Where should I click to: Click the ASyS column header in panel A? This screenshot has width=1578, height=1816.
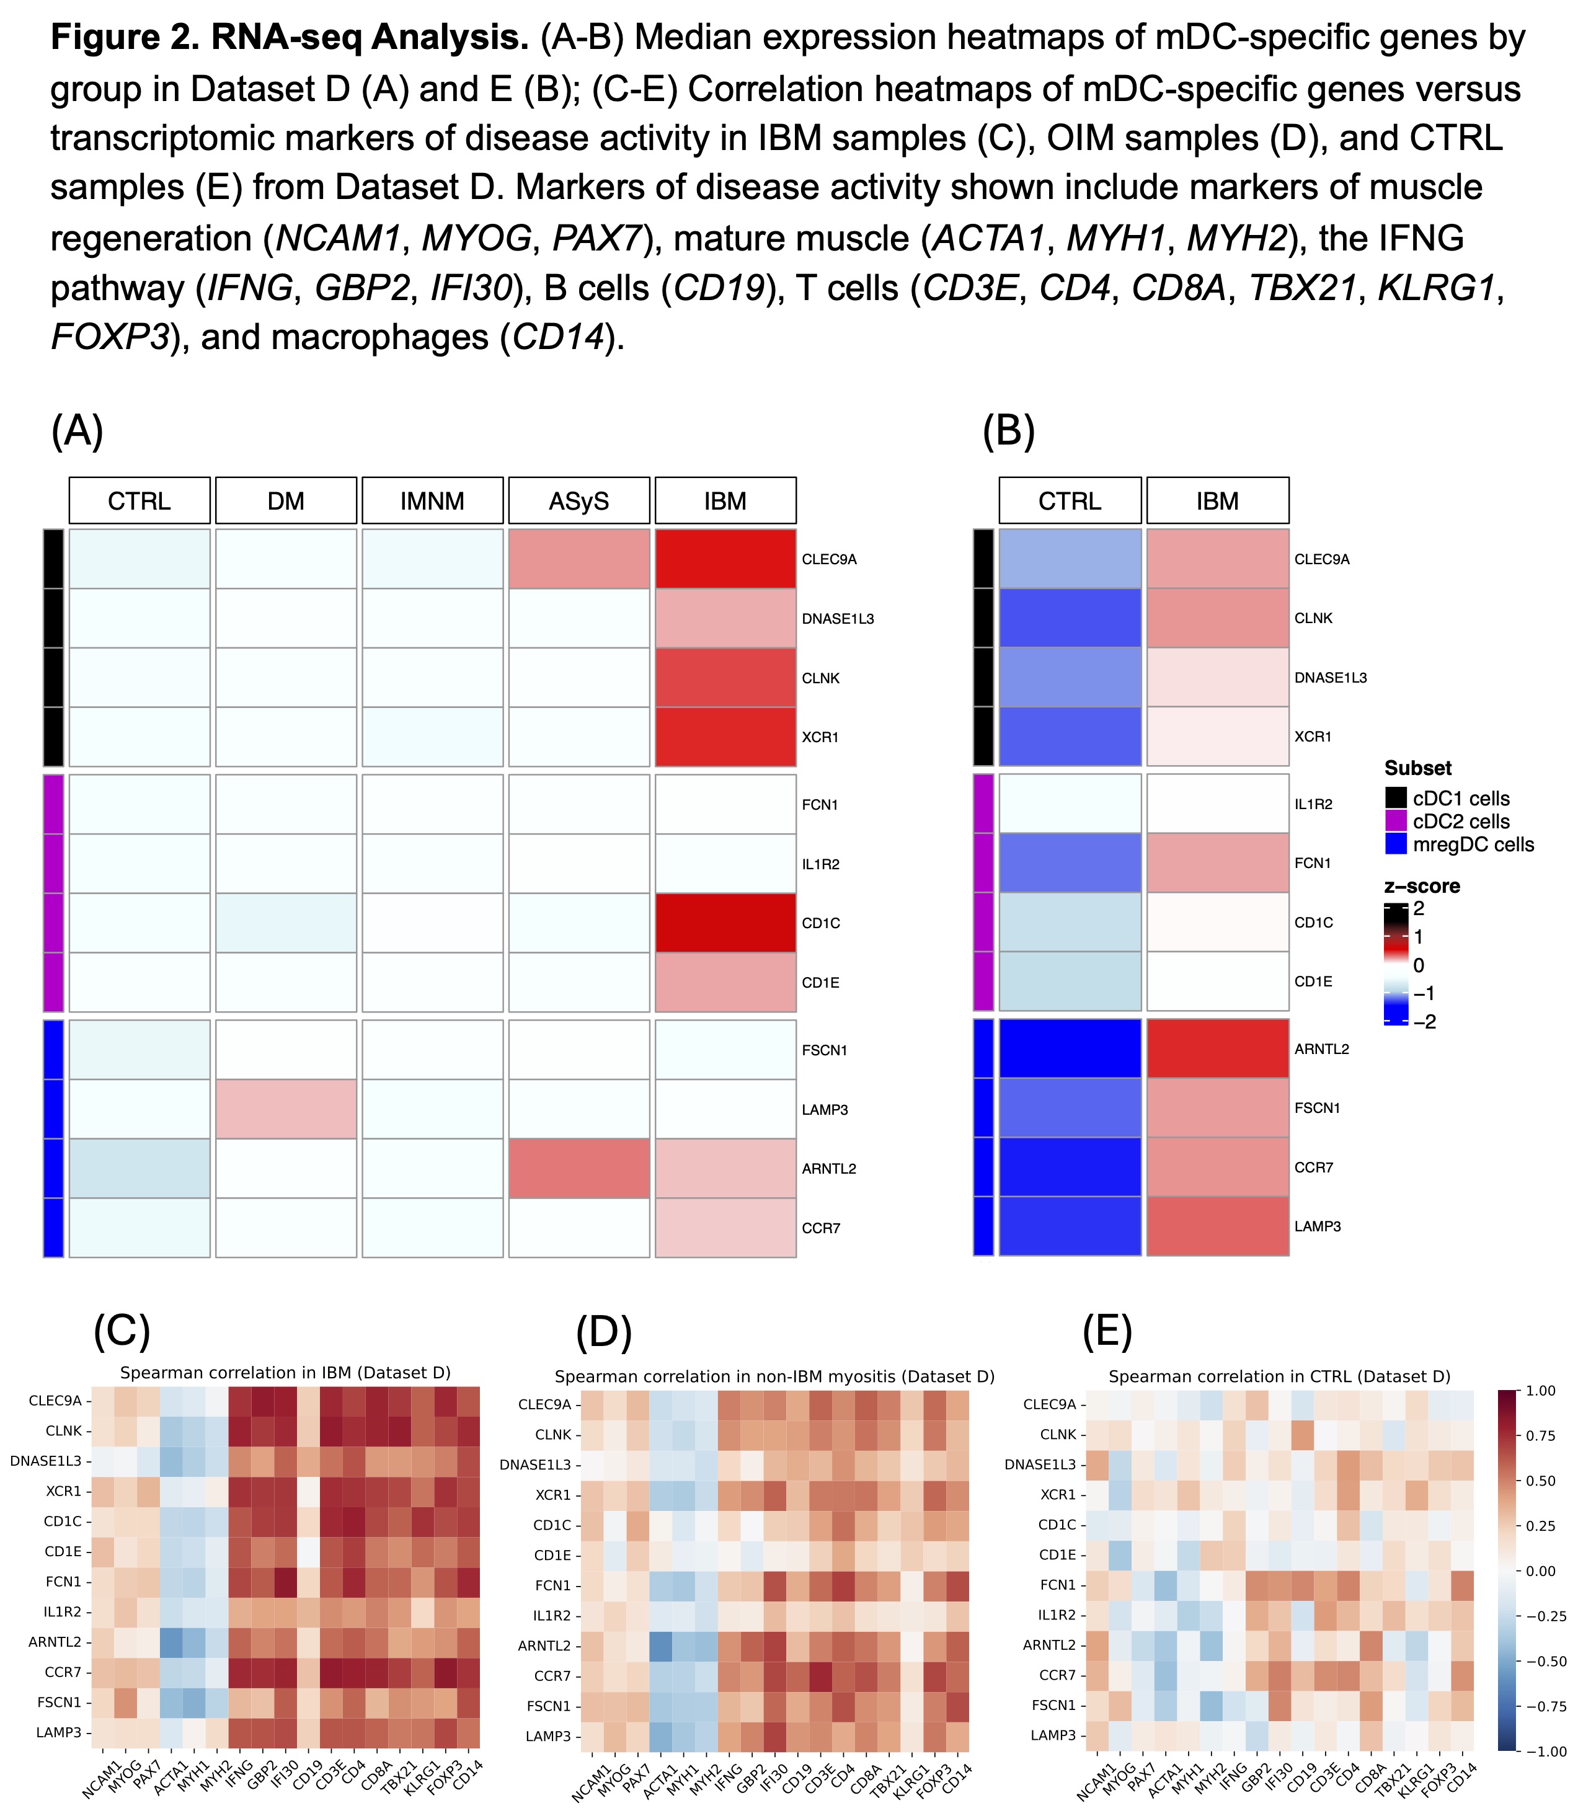578,501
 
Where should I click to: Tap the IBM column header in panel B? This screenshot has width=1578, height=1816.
1217,501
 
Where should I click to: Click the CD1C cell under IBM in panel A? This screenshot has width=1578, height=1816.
725,923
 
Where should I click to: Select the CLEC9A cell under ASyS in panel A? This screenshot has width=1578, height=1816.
578,559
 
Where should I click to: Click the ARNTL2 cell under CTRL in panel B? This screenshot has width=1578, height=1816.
1070,1049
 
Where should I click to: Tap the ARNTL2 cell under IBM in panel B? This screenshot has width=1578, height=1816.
1217,1049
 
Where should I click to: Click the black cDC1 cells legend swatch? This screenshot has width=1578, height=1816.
1396,798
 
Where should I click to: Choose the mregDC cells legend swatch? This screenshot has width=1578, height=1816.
1396,844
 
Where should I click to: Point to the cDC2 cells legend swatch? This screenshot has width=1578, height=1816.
1396,822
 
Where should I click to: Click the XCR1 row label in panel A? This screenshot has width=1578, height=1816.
820,737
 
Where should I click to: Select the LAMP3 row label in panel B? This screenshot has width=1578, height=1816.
1318,1226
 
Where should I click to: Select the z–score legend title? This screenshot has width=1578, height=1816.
1422,886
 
